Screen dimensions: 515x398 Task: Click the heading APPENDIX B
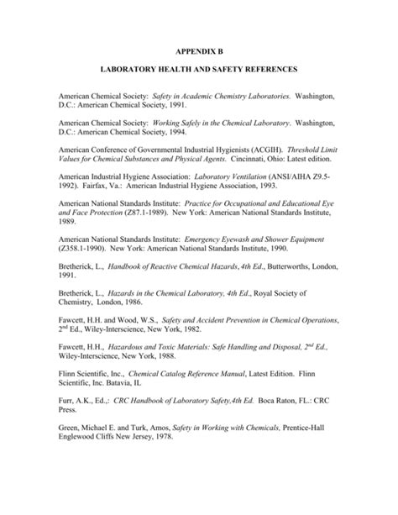tap(198, 50)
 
